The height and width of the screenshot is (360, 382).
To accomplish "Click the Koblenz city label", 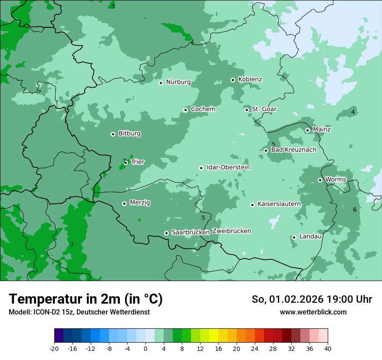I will [250, 79].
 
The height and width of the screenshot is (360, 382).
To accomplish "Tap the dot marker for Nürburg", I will [161, 82].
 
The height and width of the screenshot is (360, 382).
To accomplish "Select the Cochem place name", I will [203, 109].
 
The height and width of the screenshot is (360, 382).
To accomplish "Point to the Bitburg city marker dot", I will [113, 134].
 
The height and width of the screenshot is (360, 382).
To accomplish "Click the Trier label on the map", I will [138, 162].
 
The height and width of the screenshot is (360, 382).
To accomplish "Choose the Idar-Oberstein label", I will [228, 167].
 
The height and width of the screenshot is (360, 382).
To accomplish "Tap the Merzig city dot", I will [124, 203].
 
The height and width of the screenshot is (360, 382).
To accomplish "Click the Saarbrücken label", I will [191, 232].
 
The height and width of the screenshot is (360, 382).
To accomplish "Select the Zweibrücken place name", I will [231, 231].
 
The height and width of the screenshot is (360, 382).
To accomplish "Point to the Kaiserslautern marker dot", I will [252, 204].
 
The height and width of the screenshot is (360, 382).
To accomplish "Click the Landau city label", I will [310, 237].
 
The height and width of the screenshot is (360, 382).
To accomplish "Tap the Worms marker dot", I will [320, 180].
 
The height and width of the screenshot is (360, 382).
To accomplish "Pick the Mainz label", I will [322, 130].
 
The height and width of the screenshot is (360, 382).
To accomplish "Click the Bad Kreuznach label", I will [293, 150].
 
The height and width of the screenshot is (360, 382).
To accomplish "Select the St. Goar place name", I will [264, 109].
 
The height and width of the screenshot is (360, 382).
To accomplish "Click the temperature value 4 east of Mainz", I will [353, 112].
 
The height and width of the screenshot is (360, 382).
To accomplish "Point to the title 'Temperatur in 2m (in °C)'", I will [86, 299].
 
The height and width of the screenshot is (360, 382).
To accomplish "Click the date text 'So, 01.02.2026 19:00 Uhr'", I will [312, 299].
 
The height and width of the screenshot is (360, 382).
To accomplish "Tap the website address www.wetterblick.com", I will [313, 312].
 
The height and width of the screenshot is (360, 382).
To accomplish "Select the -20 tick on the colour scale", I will [54, 348].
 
